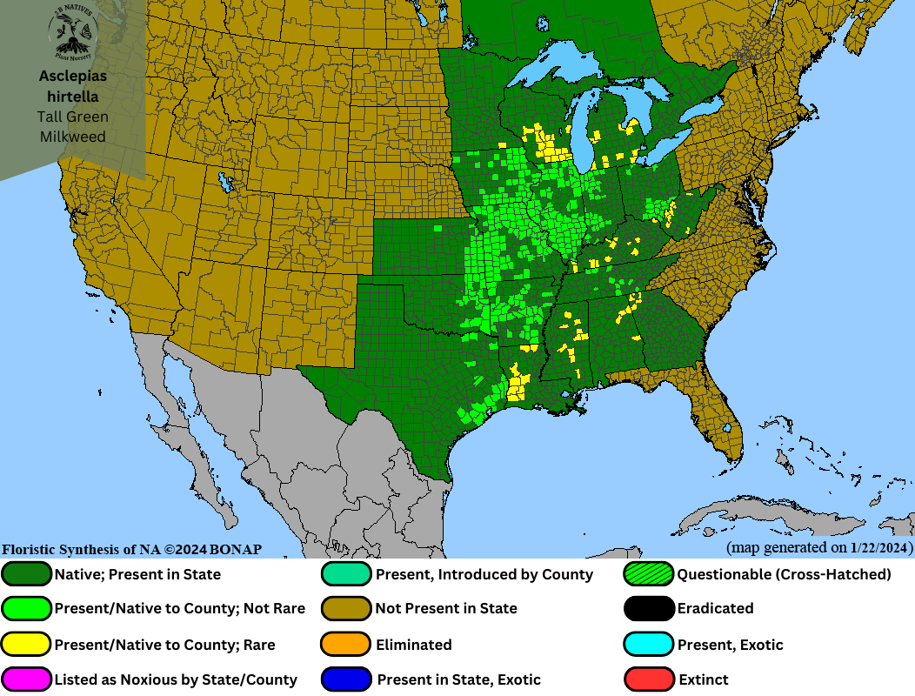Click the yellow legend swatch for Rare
point(27,645)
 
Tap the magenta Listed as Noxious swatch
point(27,679)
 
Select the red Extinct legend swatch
point(649,679)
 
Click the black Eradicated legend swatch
point(649,608)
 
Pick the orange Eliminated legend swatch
point(346,645)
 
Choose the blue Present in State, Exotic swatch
point(346,679)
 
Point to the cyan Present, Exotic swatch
point(649,645)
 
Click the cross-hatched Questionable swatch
point(649,574)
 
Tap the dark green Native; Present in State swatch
point(27,574)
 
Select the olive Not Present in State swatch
point(346,608)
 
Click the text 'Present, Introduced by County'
point(484,574)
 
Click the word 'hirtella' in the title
point(73,97)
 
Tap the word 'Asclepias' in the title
point(73,77)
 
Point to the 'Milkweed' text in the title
point(73,137)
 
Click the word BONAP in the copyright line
point(234,550)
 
